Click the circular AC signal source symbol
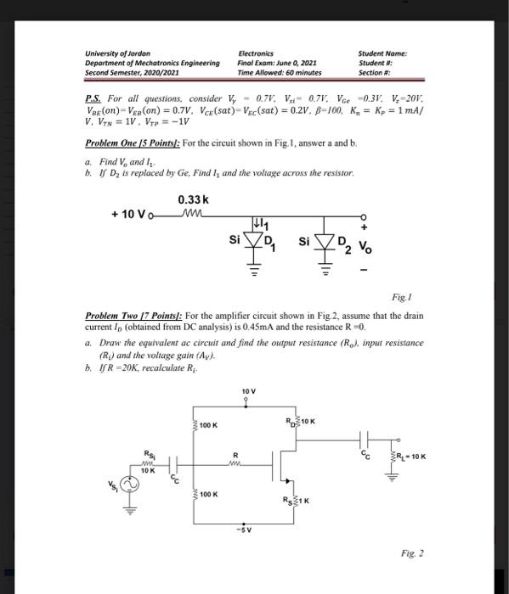[x=133, y=483]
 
